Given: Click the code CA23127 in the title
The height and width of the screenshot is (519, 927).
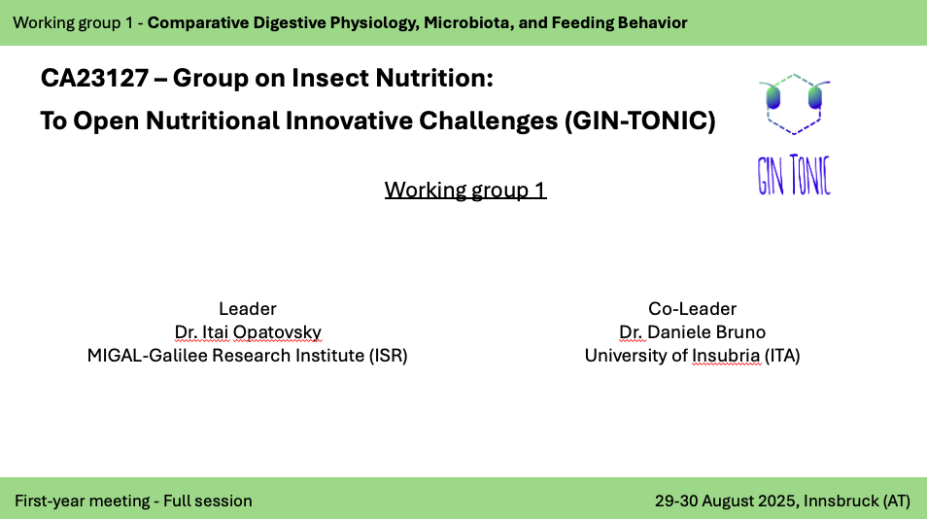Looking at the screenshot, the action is [94, 78].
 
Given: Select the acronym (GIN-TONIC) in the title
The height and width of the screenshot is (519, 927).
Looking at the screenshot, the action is [640, 121].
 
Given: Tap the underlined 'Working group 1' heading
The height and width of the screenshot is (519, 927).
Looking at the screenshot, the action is [465, 190].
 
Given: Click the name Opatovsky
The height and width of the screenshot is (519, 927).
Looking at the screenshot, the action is [277, 332].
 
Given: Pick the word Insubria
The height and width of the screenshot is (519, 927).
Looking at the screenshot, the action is [726, 356].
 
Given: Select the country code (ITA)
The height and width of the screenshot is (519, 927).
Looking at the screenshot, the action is [782, 356].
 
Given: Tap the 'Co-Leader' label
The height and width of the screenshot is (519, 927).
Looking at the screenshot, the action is [692, 308].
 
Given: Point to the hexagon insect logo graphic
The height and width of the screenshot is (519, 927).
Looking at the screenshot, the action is [795, 104].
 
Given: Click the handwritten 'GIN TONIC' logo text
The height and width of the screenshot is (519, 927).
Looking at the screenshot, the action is [795, 175].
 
